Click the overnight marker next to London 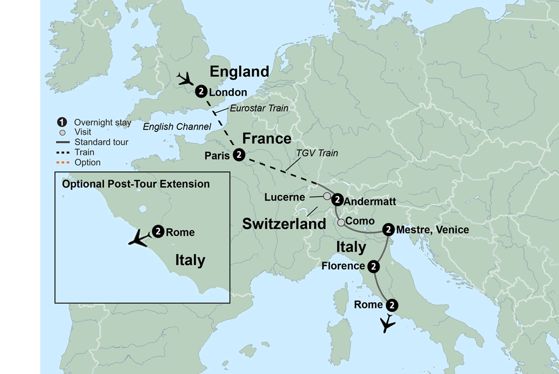[201, 91]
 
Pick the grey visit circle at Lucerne [327, 197]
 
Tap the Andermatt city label [370, 200]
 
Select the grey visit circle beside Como [341, 222]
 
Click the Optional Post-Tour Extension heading [136, 184]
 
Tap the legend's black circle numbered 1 [62, 123]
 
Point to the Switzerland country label [283, 224]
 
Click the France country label [266, 138]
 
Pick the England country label [239, 72]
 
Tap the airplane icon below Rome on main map [387, 324]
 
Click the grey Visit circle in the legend [63, 133]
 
